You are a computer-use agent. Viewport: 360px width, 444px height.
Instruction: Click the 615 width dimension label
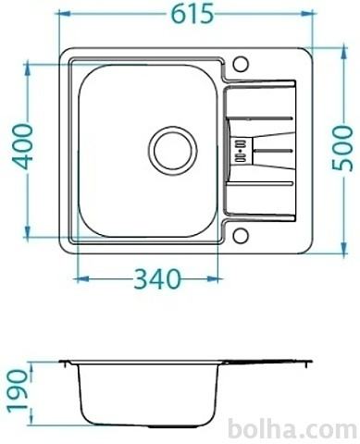[192, 14]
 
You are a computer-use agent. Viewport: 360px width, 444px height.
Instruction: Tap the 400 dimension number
[22, 146]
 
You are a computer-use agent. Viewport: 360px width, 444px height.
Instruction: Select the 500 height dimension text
[342, 147]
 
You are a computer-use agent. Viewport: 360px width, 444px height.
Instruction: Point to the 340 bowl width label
[157, 278]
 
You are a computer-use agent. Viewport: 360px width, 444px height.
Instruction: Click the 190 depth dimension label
[19, 391]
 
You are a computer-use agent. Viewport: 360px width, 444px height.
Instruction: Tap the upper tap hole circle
[241, 64]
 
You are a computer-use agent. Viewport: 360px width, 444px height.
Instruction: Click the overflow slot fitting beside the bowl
[241, 151]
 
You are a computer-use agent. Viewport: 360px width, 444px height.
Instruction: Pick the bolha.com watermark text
[293, 429]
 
